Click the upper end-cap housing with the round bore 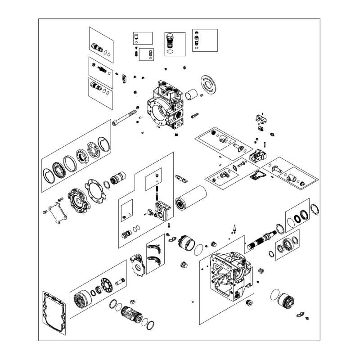tap(165, 107)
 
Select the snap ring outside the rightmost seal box tap(315, 209)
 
